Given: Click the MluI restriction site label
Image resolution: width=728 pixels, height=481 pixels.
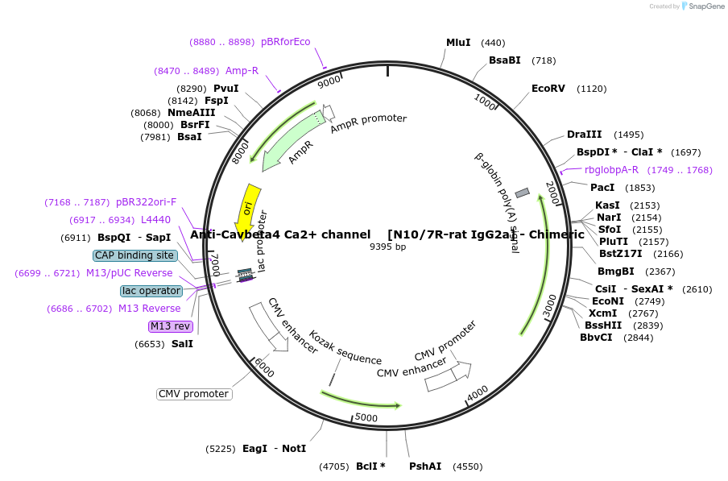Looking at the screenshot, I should tap(459, 43).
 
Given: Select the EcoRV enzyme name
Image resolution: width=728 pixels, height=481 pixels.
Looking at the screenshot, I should tap(548, 89).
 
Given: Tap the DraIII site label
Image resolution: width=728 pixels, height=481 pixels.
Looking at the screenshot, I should tap(582, 135).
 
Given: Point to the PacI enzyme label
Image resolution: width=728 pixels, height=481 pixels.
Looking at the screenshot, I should tap(602, 187).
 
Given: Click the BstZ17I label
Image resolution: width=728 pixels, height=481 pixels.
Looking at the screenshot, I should tap(621, 254).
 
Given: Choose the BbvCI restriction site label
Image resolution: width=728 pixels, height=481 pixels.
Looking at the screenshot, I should tap(596, 338).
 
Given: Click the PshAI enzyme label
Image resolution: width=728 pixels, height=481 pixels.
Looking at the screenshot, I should tap(425, 466).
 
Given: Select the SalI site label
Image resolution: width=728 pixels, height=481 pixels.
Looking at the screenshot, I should tap(182, 343).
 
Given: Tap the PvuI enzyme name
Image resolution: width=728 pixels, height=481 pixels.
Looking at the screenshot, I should tap(225, 89).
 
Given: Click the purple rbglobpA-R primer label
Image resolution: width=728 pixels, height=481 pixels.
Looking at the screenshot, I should tap(611, 170).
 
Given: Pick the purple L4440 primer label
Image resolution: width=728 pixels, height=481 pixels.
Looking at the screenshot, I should tap(155, 219).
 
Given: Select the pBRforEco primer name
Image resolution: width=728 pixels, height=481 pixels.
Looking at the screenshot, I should tap(285, 42).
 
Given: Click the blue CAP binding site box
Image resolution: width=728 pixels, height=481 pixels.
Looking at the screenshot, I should tap(134, 255).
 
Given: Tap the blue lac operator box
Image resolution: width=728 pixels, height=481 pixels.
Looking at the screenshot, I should tap(151, 291).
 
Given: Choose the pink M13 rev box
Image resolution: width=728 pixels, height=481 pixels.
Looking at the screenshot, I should tap(171, 326).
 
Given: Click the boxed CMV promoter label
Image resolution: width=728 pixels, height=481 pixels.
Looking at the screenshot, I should tap(194, 394).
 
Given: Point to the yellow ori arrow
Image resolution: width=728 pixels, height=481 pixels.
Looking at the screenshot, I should tap(246, 210).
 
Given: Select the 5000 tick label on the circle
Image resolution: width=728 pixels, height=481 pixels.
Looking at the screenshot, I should tap(366, 417).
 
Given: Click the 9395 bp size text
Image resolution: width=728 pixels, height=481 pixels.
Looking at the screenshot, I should tap(387, 247).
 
